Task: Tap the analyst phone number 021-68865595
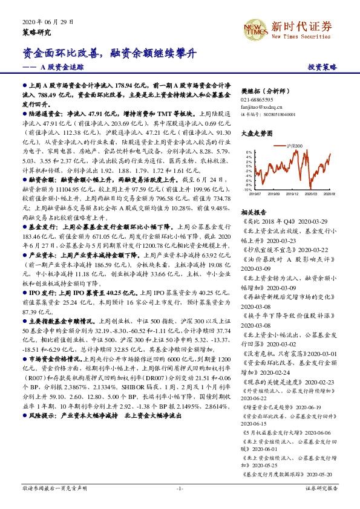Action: pos(257,99)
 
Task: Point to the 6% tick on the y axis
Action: pos(248,152)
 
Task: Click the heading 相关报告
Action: pos(254,212)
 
